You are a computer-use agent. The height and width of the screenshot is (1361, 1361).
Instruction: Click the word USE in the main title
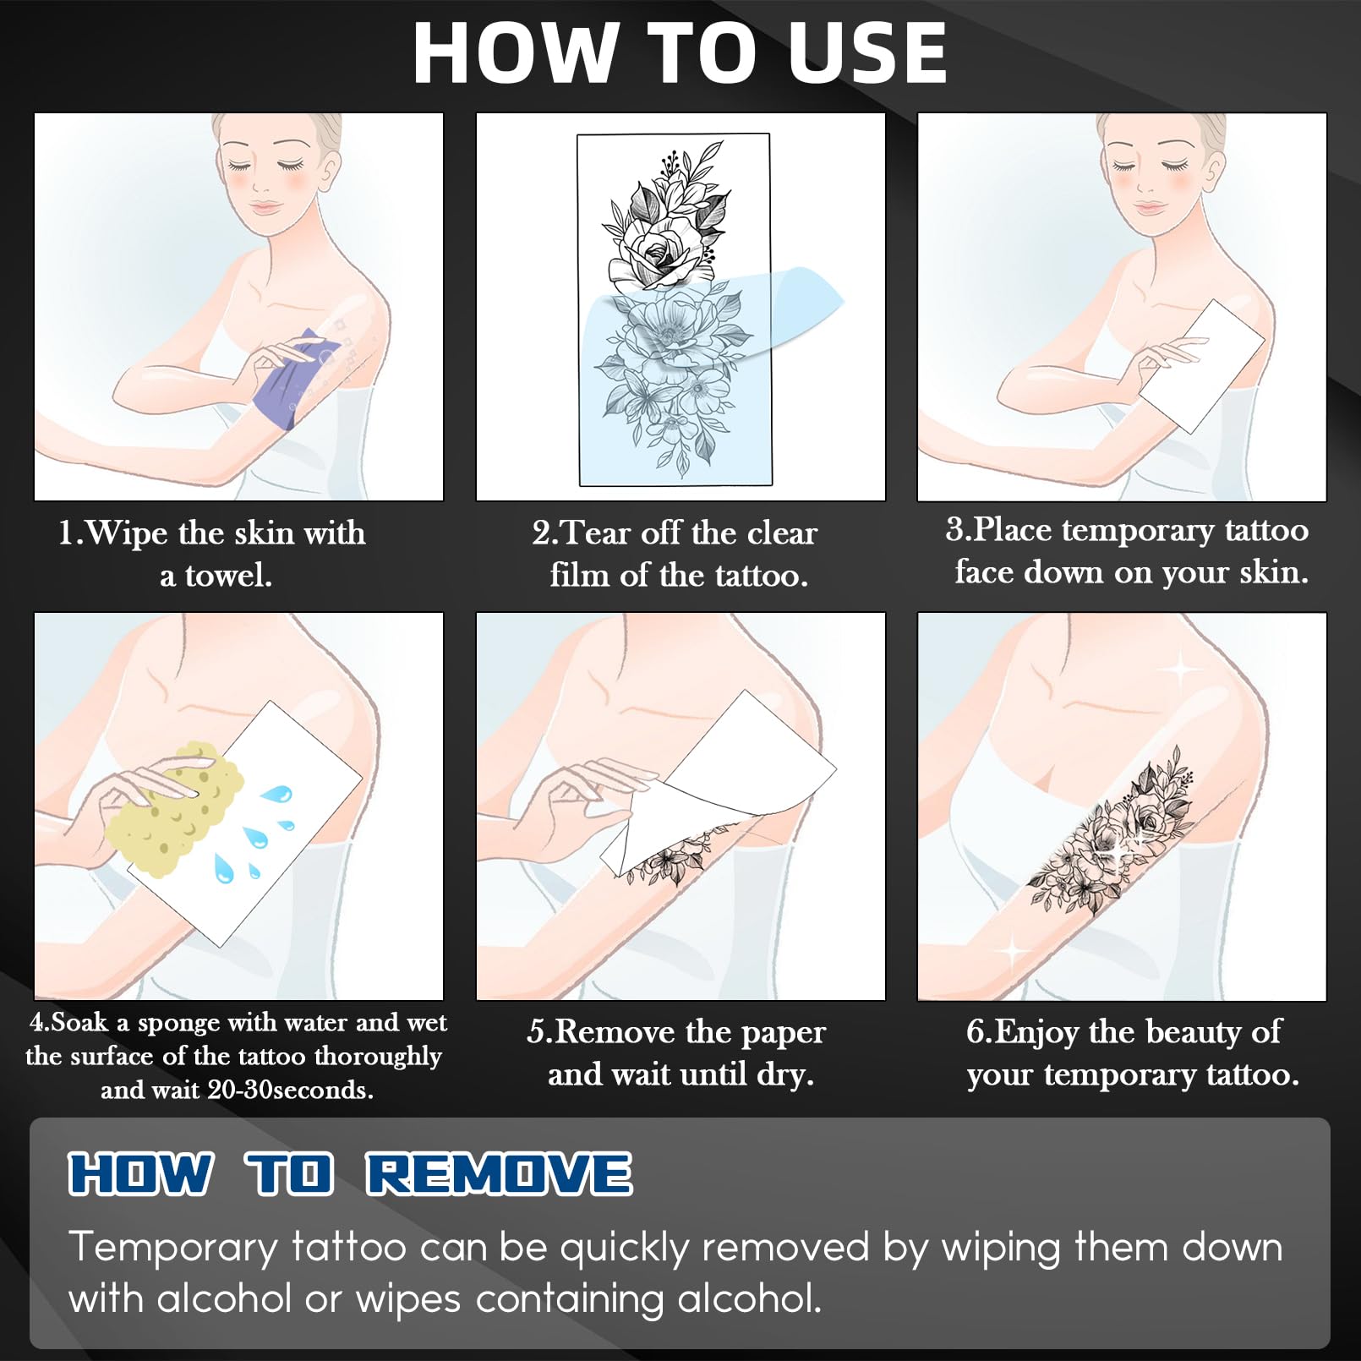pos(867,52)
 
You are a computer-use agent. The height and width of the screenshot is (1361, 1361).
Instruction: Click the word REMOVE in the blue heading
pos(499,1174)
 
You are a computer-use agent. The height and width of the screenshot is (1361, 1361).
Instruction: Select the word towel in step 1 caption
pos(228,576)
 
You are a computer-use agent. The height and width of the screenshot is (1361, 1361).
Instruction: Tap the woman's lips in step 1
pos(265,207)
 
